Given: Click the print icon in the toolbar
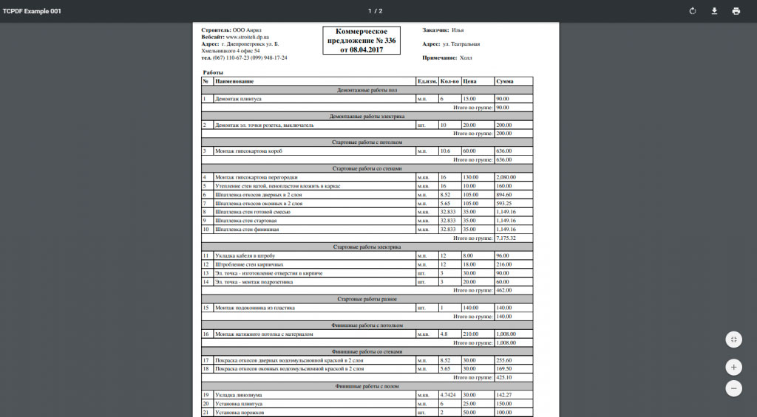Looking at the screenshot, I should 736,11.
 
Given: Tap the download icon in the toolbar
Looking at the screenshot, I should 714,11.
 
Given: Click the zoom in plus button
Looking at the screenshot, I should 734,366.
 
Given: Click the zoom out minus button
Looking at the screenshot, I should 734,388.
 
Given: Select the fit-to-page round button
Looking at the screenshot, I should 734,340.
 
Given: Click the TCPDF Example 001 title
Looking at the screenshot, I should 32,11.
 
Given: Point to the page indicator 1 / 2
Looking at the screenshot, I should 376,11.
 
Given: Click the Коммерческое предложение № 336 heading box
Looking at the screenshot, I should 362,41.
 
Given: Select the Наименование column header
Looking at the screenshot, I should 234,80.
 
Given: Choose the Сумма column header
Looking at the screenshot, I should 505,80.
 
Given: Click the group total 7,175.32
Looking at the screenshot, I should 506,238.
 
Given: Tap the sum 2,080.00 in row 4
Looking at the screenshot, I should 506,177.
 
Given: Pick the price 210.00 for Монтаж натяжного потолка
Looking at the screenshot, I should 470,334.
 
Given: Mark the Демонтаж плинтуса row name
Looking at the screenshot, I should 237,98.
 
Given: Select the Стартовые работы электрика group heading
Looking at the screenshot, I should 367,247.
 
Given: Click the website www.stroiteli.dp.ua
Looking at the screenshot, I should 248,36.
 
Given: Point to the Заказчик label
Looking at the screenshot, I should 435,30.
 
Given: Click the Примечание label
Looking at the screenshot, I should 440,58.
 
